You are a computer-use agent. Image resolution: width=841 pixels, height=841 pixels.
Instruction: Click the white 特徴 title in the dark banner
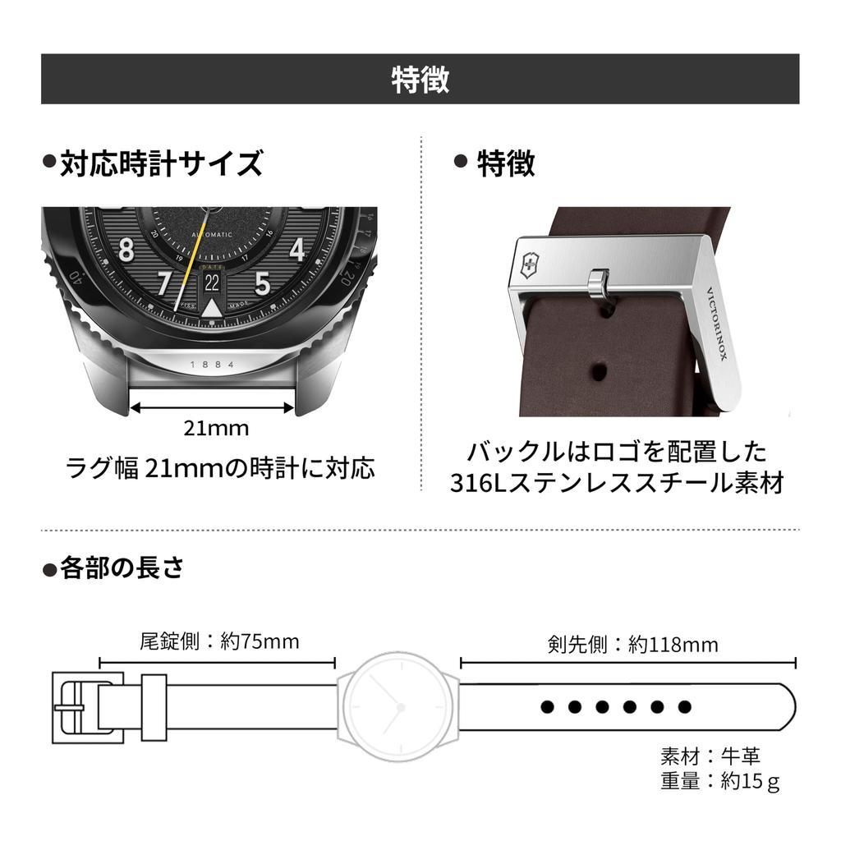[x=420, y=80]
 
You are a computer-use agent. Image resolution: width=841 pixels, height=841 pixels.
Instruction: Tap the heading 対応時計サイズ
[x=161, y=163]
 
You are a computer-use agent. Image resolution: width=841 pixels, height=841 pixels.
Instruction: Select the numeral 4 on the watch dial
[x=297, y=248]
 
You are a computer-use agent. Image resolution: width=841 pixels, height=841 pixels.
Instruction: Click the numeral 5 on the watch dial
[x=262, y=283]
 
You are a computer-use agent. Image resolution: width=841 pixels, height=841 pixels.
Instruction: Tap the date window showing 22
[x=212, y=283]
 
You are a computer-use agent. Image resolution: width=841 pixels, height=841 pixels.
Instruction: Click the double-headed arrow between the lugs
[x=213, y=406]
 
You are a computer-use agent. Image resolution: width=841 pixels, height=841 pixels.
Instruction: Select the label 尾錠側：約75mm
[x=218, y=641]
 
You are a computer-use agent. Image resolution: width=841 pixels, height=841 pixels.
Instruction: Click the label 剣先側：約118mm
[x=632, y=644]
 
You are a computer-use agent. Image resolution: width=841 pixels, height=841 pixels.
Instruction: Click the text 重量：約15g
[x=719, y=781]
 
